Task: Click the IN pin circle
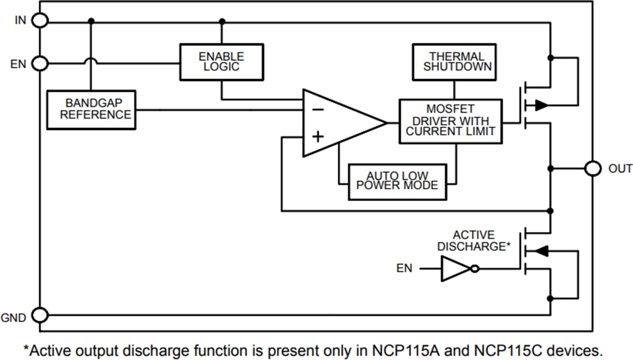click(x=40, y=21)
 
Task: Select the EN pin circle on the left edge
click(x=40, y=63)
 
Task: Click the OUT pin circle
click(x=593, y=169)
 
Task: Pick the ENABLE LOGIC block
click(x=221, y=62)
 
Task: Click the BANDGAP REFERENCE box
click(x=91, y=110)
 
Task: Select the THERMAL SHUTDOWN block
click(x=454, y=62)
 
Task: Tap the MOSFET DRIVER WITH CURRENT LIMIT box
click(x=451, y=121)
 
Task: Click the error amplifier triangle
click(x=337, y=123)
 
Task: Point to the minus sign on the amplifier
click(x=317, y=108)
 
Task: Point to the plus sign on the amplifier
click(x=317, y=137)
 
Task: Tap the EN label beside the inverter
click(x=404, y=269)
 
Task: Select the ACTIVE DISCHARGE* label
click(x=474, y=241)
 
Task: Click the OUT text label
click(x=620, y=169)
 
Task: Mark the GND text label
click(x=13, y=318)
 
